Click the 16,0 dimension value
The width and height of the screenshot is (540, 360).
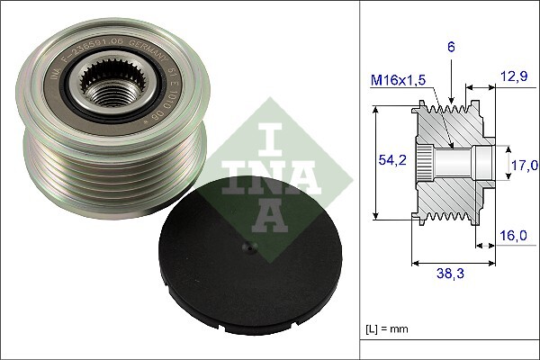coord(515,236)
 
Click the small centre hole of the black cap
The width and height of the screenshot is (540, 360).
coord(248,254)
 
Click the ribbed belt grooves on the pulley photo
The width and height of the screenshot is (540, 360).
coord(108,180)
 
